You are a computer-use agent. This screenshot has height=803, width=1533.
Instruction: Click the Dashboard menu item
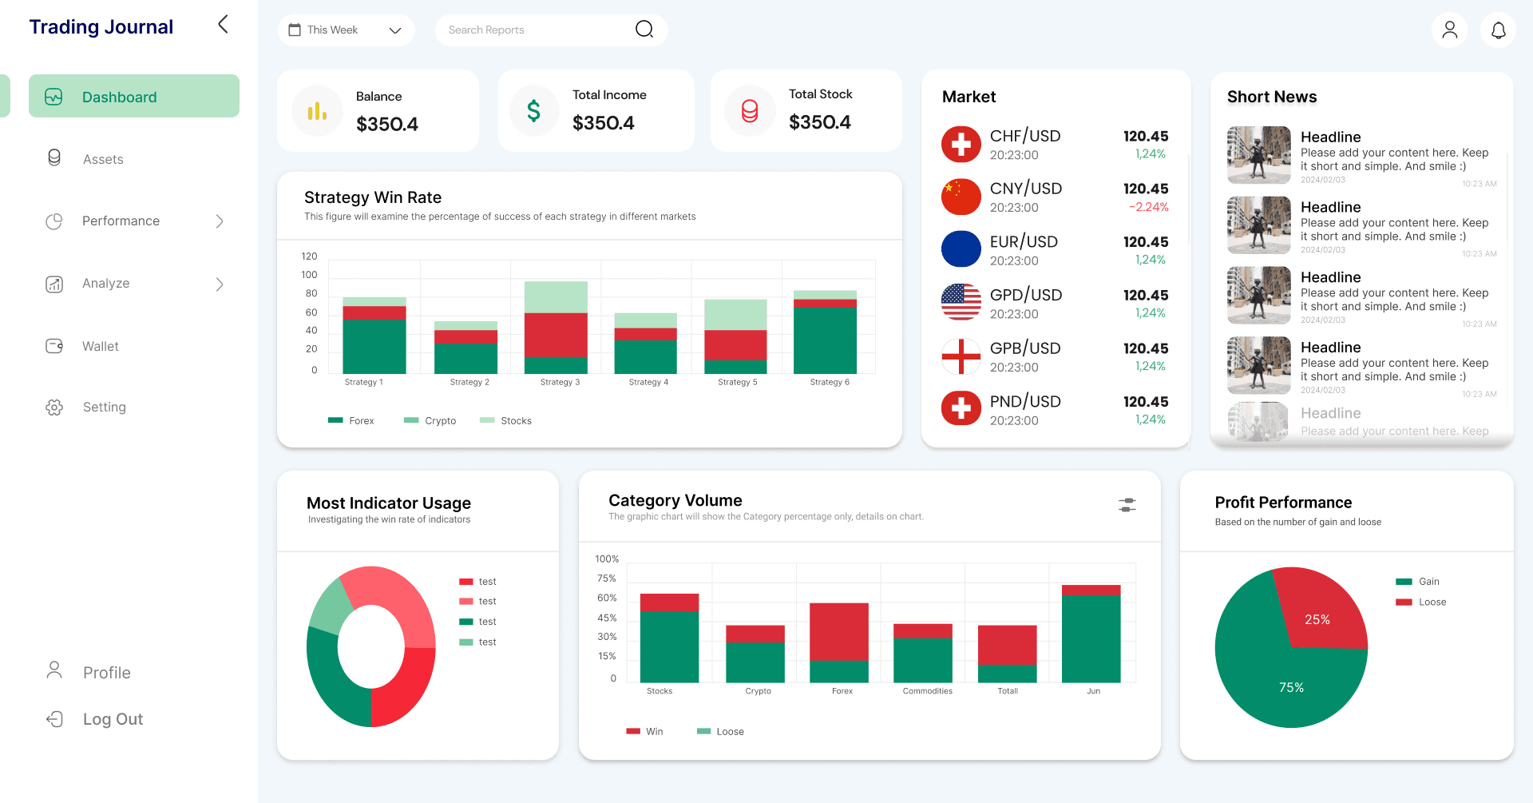click(x=133, y=97)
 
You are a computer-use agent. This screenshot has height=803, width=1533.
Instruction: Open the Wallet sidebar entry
click(x=100, y=346)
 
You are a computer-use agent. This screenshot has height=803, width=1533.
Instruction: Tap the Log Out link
click(x=112, y=719)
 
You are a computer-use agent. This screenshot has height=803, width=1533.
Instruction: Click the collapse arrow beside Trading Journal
click(x=223, y=25)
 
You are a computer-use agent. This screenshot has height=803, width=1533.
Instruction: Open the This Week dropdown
click(x=346, y=30)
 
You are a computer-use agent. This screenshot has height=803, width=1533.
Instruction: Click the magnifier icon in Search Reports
click(x=644, y=30)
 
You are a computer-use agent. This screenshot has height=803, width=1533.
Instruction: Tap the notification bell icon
click(x=1498, y=30)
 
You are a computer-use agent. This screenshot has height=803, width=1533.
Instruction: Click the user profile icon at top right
click(x=1449, y=30)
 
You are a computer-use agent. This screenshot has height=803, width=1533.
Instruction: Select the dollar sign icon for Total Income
click(x=533, y=110)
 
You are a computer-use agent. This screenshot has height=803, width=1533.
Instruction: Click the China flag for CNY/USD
click(x=961, y=197)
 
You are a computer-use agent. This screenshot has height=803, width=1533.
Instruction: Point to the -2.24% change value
click(x=1148, y=207)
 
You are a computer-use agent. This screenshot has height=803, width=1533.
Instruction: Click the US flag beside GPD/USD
click(x=961, y=302)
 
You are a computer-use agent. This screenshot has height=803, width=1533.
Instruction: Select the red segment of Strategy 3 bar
click(x=556, y=335)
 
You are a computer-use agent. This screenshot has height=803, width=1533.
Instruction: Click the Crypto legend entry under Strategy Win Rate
click(x=430, y=420)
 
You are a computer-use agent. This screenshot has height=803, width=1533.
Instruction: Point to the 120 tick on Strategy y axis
click(x=309, y=256)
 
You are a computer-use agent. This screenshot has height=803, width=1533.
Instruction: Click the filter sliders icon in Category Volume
click(x=1127, y=505)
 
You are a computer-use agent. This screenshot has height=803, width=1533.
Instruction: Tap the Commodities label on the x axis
click(x=927, y=691)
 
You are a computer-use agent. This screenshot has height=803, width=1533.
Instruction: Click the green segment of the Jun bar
click(x=1091, y=639)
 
